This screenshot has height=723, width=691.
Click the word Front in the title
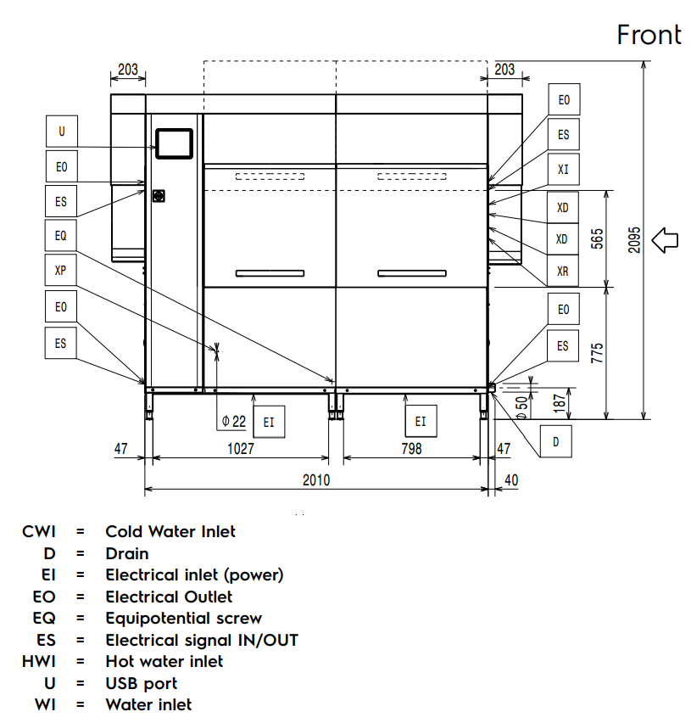point(649,35)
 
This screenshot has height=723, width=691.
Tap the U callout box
point(61,132)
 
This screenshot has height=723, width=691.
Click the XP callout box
point(61,272)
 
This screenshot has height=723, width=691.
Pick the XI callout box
point(564,170)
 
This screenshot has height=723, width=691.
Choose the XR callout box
point(564,272)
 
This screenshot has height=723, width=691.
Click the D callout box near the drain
point(556,441)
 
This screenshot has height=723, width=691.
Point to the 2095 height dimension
point(634,241)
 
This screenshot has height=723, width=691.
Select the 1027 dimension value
point(240,449)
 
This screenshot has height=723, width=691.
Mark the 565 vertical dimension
point(597,238)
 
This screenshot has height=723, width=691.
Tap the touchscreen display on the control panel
point(174,142)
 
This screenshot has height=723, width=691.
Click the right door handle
point(411,272)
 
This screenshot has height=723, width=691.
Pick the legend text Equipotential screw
point(183,618)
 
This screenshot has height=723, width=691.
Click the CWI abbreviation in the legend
point(39,531)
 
